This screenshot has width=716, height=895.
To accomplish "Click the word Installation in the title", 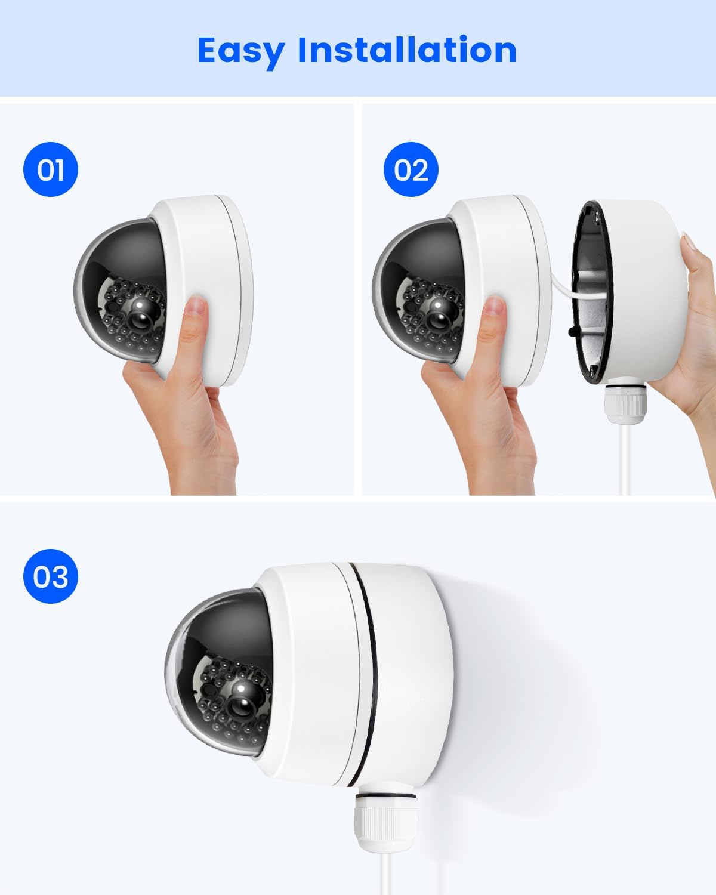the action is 408,50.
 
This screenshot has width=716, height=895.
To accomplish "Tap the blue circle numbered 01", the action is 50,169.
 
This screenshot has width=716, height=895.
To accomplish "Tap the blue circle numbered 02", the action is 411,169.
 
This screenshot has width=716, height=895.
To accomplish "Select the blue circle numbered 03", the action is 50,576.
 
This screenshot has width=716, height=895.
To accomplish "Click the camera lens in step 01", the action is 140,317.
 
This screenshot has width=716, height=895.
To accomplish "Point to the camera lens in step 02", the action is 438,317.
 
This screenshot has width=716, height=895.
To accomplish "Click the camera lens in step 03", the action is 242,703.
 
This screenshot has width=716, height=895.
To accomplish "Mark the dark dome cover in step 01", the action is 121,291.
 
